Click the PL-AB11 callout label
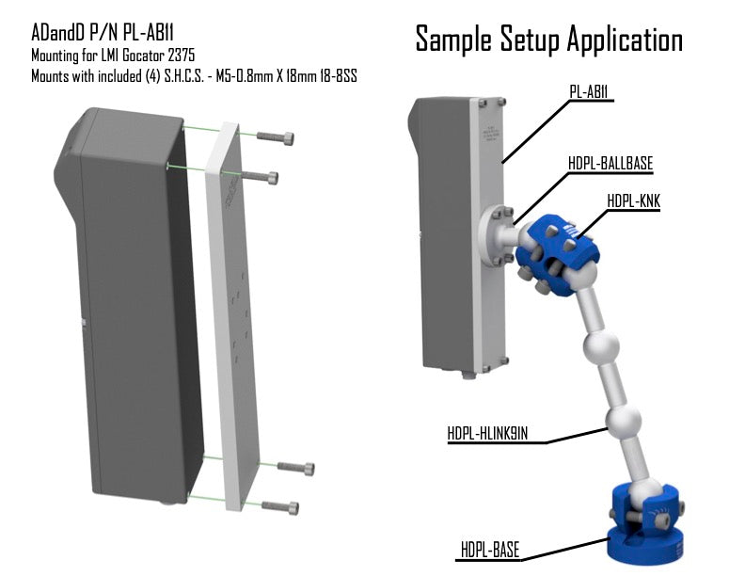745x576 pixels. [589, 91]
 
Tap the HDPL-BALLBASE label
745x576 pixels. [610, 163]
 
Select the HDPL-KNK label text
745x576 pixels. [633, 200]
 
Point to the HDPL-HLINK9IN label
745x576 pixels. [487, 434]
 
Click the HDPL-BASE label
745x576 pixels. [490, 550]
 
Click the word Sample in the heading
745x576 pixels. [453, 39]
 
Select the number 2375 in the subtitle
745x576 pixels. [181, 56]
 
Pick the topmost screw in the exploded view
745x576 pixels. [275, 136]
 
